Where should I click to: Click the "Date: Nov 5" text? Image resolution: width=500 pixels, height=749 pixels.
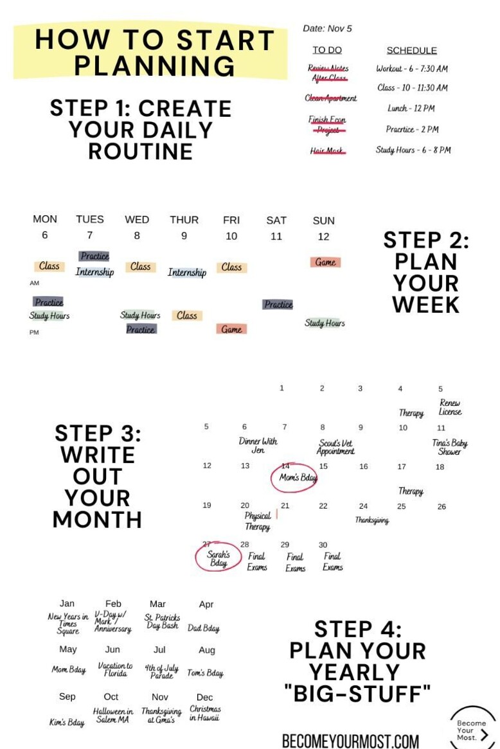327,28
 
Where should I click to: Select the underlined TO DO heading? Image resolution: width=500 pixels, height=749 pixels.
327,50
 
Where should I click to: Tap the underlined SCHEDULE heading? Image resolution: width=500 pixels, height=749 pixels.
411,50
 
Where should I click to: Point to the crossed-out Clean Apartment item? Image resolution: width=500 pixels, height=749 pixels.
330,98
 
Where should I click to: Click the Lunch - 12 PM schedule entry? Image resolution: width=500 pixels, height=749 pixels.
411,109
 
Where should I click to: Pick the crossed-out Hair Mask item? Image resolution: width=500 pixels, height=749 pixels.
328,151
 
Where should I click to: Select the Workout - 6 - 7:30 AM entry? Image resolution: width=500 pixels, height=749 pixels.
412,69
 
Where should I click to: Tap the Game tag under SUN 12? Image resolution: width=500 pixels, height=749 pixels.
325,262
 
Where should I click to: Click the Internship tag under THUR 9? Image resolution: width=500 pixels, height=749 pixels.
187,272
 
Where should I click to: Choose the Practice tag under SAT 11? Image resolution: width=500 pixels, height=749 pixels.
278,304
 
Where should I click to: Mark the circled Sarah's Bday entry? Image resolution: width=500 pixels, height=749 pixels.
219,558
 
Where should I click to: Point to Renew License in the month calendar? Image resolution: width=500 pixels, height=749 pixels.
450,407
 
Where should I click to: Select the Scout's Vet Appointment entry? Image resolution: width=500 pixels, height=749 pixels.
335,447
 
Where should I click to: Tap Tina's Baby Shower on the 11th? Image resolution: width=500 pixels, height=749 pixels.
449,447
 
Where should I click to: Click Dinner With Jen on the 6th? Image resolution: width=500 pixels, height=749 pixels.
258,445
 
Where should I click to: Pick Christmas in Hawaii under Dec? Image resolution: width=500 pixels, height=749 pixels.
204,713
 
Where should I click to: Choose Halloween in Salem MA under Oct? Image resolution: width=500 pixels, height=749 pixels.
113,716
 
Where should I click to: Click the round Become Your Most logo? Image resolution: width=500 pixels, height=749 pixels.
472,729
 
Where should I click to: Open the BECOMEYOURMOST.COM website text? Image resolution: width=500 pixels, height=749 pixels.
350,741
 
